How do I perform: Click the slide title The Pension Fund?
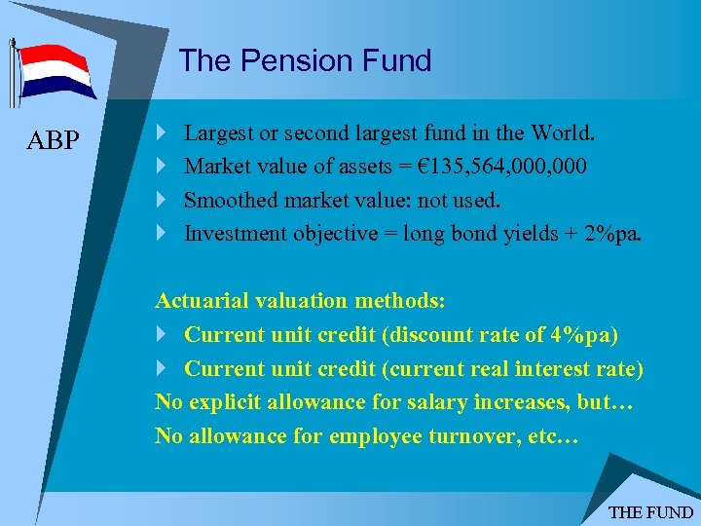305,60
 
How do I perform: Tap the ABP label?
54,140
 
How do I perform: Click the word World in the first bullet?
567,131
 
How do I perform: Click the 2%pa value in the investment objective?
612,234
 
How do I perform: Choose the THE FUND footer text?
650,512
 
